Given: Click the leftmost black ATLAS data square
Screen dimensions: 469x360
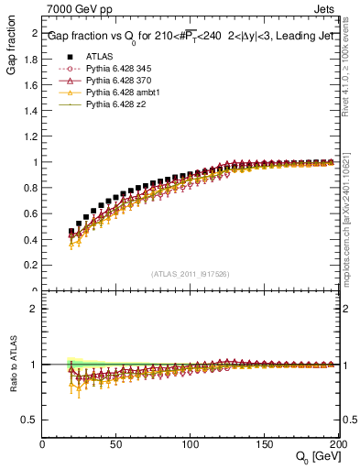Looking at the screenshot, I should click(71, 231).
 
